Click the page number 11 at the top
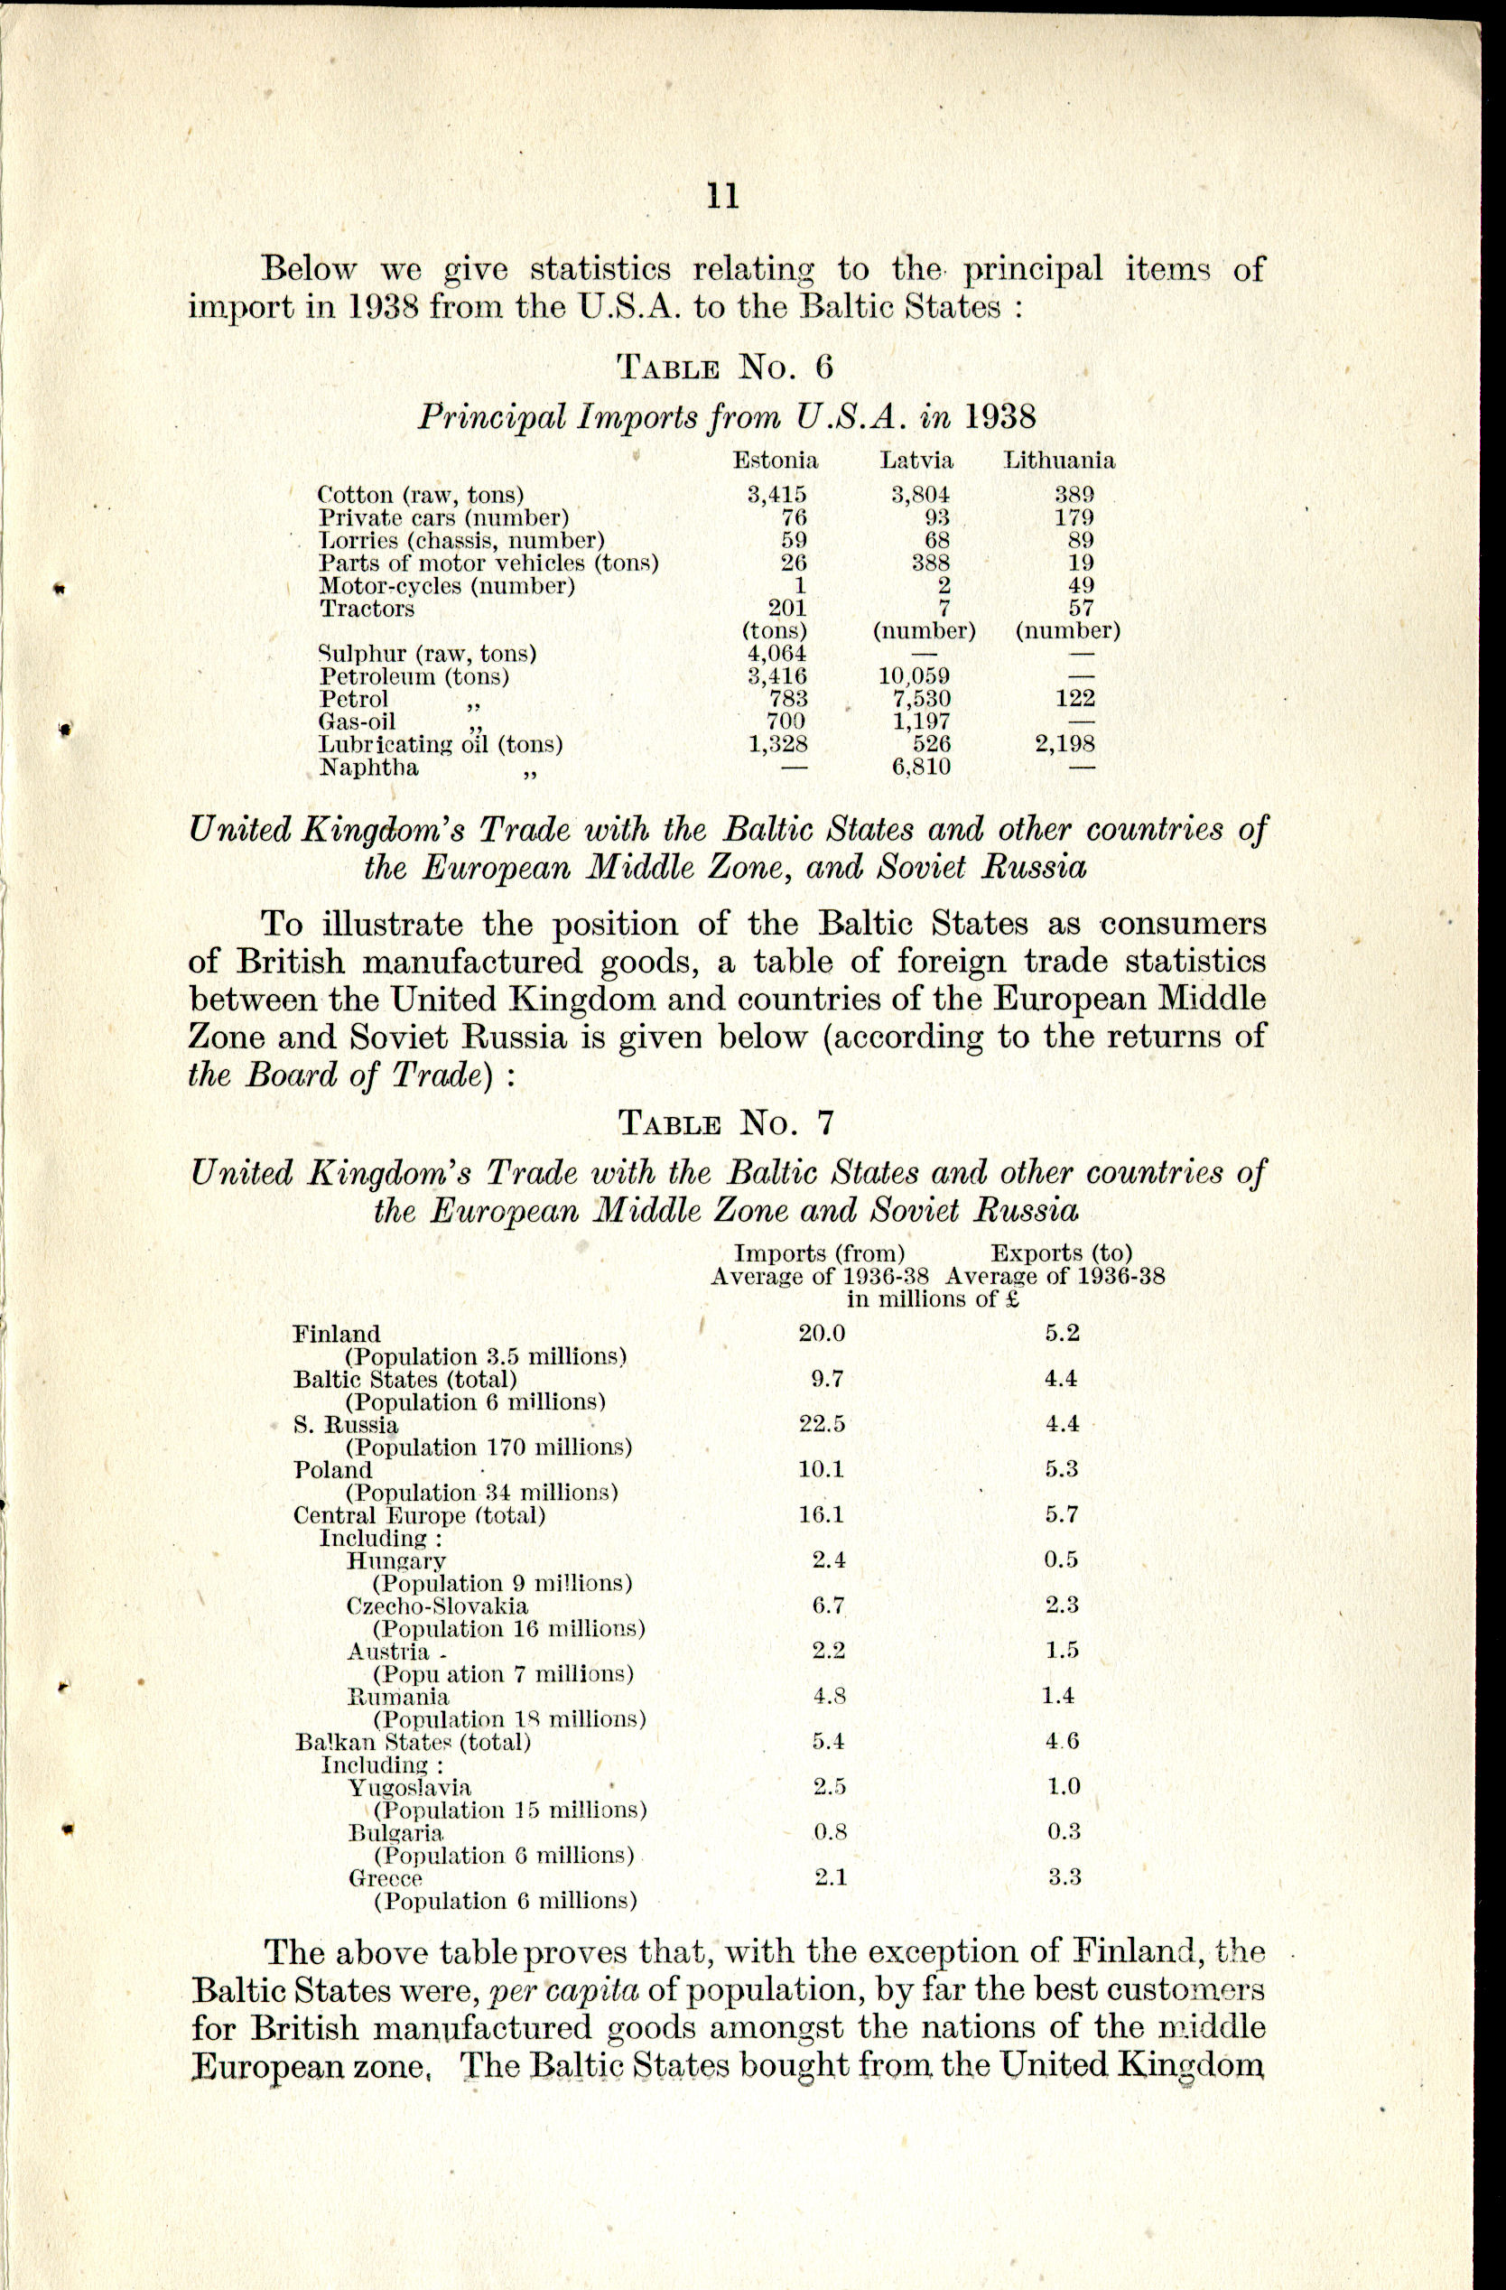pos(722,195)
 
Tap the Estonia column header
pos(776,460)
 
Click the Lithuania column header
pos(1058,460)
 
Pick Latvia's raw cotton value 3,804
pos(920,495)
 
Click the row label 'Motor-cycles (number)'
pos(447,586)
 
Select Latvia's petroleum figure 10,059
pos(915,676)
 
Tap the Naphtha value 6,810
pos(921,767)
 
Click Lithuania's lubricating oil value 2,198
pos(1064,744)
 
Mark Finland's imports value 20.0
pos(821,1334)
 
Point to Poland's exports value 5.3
pos(1062,1469)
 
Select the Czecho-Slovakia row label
pos(437,1606)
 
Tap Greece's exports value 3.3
pos(1064,1877)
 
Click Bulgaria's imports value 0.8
pos(830,1832)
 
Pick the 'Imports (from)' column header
pos(820,1253)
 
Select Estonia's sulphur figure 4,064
pos(776,655)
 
